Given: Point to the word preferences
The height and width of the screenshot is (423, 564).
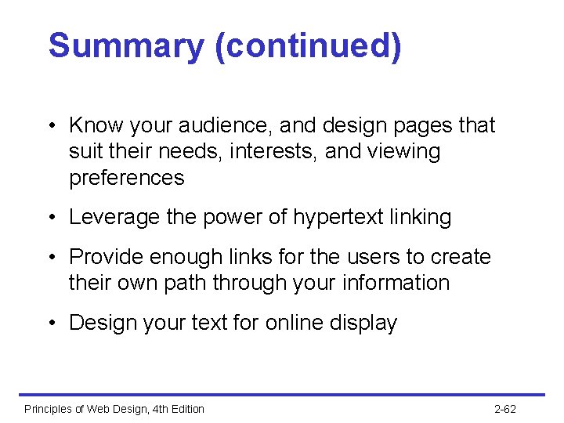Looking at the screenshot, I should (127, 178).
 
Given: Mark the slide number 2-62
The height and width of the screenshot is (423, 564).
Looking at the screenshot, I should (505, 409).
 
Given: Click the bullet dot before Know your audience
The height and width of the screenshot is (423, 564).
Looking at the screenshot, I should (49, 126).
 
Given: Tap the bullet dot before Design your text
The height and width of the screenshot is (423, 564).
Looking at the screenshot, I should (49, 324).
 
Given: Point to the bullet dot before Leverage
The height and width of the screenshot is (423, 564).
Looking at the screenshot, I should (49, 218).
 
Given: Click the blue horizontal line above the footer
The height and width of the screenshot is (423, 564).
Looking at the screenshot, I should (282, 394).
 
